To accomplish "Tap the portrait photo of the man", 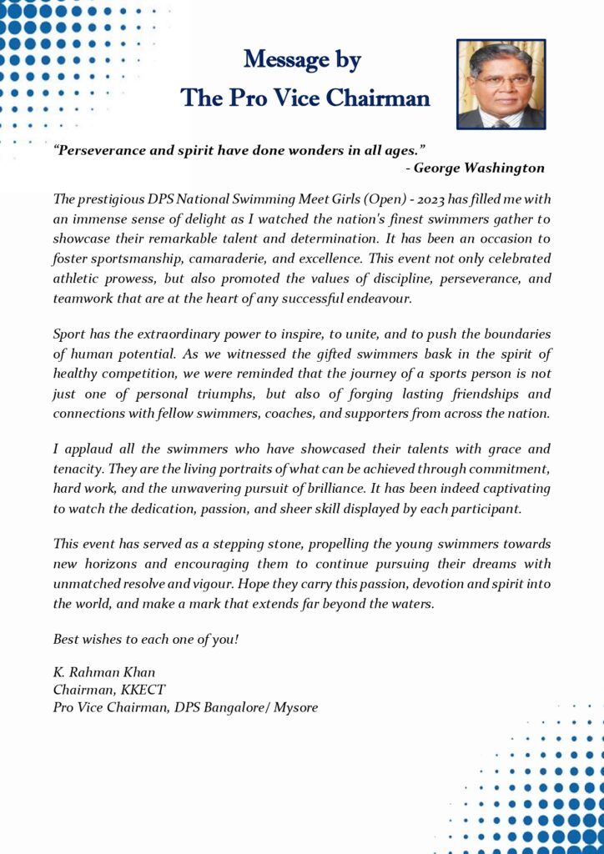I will coord(501,83).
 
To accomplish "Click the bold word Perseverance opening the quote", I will coord(101,150).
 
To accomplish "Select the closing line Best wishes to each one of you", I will coord(146,639).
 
